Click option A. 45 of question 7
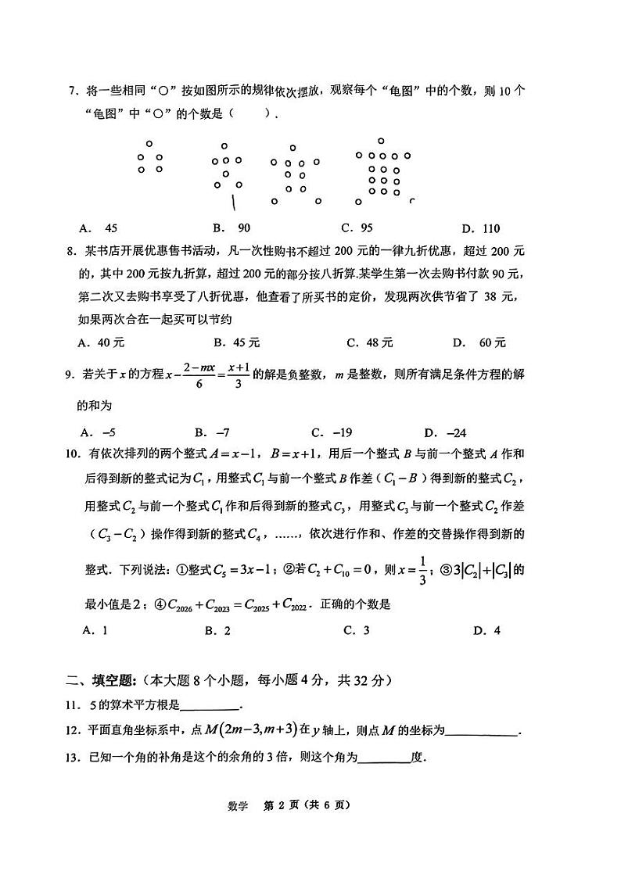point(99,228)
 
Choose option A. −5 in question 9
point(99,432)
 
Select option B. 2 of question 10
point(217,630)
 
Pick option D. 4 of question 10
point(486,630)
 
